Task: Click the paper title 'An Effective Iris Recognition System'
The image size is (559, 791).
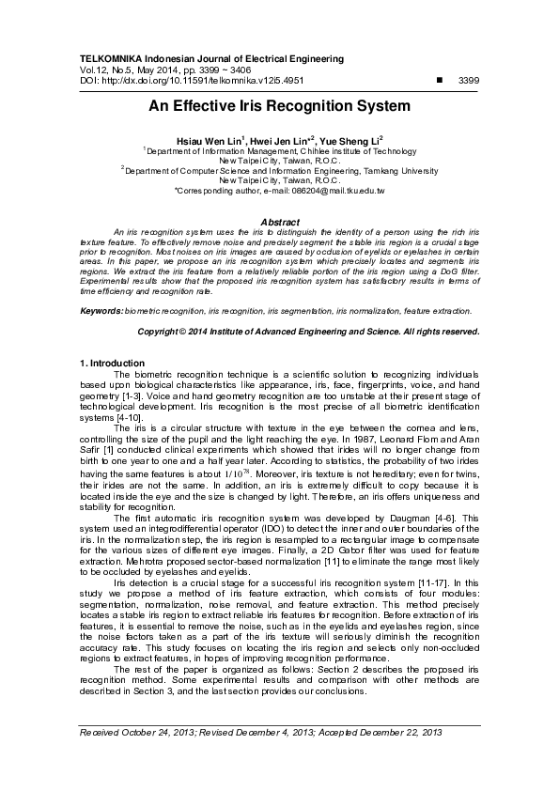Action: (279, 106)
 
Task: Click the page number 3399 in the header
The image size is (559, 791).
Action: (467, 82)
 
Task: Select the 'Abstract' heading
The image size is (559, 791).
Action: (279, 222)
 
